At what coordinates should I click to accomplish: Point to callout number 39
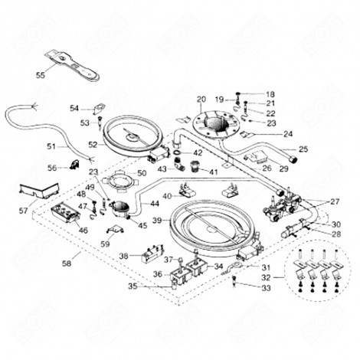pos(157,220)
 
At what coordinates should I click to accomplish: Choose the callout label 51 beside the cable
pos(51,146)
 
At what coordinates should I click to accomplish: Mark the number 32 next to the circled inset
pos(267,277)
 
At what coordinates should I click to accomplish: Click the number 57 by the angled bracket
pos(23,210)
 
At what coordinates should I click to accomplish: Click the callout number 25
pos(303,149)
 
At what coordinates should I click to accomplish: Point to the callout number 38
pos(123,256)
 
